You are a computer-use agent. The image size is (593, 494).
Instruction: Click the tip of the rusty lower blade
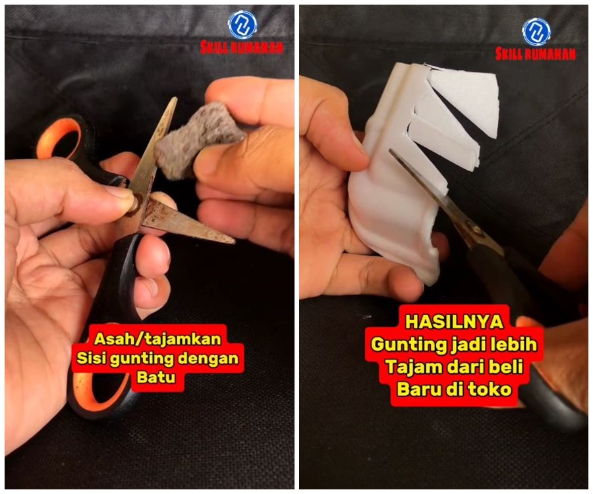[x=231, y=241]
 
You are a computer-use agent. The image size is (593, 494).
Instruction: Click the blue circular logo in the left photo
[x=242, y=24]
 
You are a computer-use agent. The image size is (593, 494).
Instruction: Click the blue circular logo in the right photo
[x=536, y=31]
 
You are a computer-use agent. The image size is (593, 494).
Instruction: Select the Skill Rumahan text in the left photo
[x=242, y=47]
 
